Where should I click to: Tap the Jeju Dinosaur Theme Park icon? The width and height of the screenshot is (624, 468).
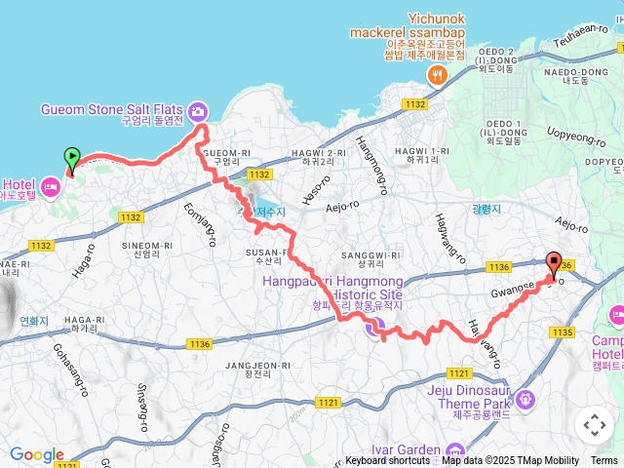tap(526, 398)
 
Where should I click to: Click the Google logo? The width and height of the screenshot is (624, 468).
tap(36, 454)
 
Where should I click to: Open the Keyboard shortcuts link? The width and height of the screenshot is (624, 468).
tap(387, 461)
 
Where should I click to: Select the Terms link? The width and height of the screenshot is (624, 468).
tap(604, 461)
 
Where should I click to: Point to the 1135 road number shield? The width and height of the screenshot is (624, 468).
tap(561, 332)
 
